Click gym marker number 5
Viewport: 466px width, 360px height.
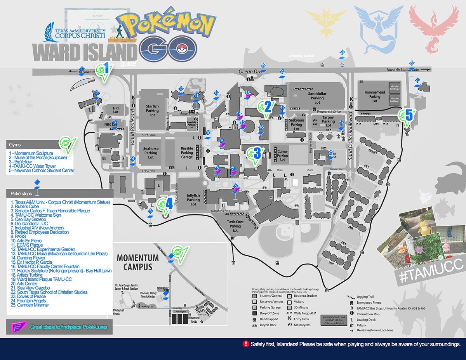tap(407, 116)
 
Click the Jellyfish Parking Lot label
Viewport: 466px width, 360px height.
tap(193, 200)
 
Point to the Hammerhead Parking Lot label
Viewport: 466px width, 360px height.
tap(374, 96)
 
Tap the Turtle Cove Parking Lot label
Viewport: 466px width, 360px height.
tap(235, 226)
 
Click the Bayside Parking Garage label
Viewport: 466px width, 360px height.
tap(187, 153)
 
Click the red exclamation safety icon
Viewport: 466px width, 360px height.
tap(245, 344)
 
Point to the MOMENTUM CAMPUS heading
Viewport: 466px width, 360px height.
tap(138, 263)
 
